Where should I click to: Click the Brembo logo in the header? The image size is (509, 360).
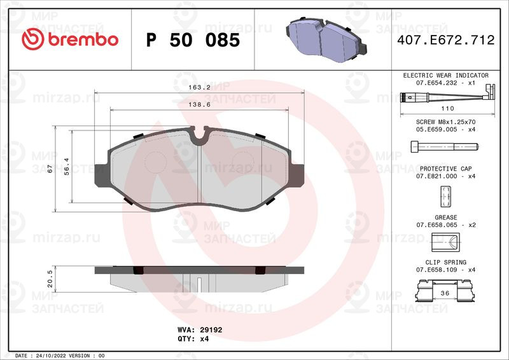pos(70,39)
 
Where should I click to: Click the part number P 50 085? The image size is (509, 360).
pos(193,40)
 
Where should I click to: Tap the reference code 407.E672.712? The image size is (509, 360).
pos(446,40)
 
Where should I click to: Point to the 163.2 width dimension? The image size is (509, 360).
pos(199,88)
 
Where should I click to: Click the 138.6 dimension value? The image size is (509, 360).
pos(199,105)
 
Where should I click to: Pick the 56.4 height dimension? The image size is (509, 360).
pos(67,167)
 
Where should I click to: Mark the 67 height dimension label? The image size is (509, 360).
pos(50,169)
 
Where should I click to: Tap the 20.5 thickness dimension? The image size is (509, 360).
pos(50,279)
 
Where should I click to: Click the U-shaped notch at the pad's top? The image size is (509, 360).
pos(199,136)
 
